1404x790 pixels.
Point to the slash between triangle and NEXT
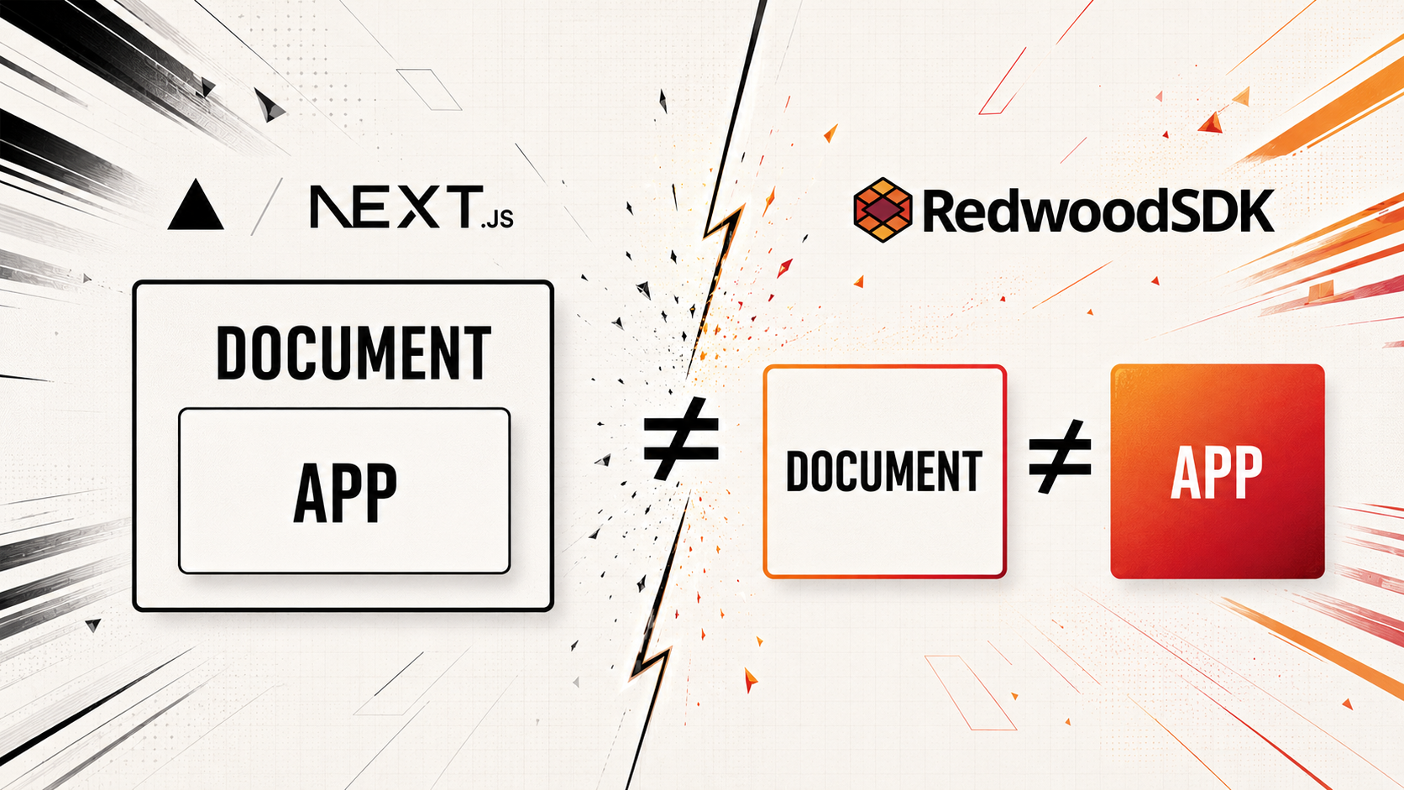265,207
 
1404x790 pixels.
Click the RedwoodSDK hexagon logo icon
883,210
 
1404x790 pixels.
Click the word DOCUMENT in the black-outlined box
353,352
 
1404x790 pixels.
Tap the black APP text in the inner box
345,493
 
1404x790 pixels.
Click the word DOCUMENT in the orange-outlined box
883,471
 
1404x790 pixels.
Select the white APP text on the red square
1217,473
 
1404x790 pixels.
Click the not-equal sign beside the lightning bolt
681,438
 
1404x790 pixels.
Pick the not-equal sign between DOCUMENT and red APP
1060,456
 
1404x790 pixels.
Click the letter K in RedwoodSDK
1255,212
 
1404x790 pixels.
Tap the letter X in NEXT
418,207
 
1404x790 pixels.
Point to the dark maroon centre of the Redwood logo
883,210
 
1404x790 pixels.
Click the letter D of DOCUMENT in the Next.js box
231,352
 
